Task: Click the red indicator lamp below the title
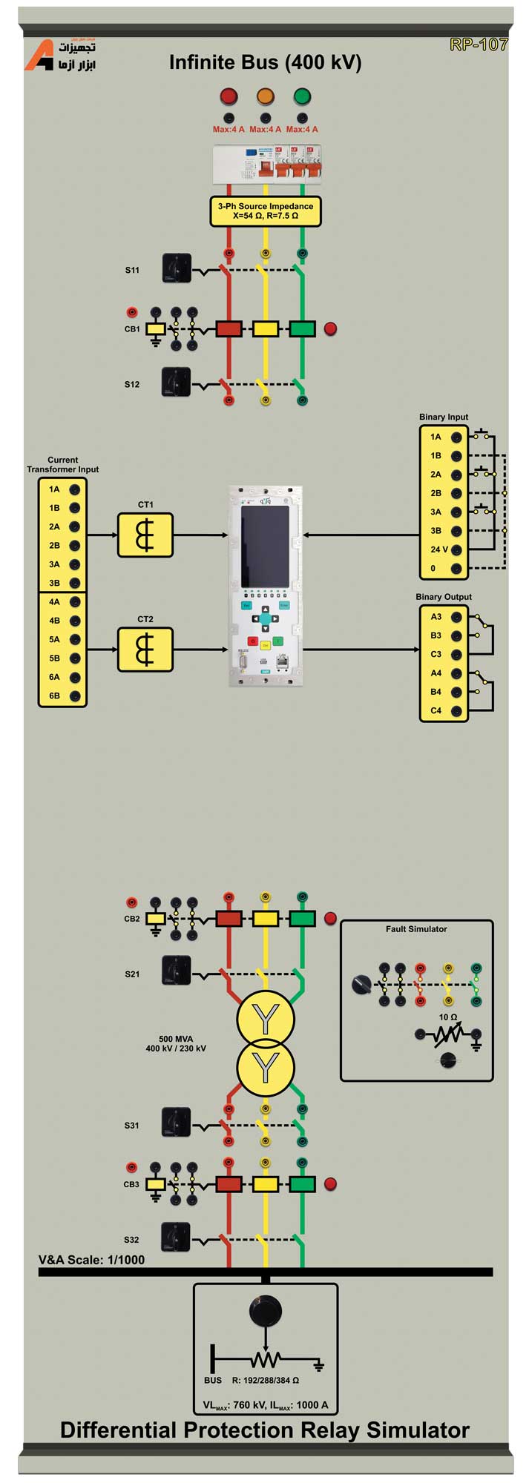click(x=229, y=96)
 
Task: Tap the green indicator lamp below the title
click(x=302, y=96)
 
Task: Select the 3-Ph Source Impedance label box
click(x=266, y=211)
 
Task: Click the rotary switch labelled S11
click(x=177, y=268)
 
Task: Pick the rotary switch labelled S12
click(x=177, y=382)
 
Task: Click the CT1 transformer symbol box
click(x=145, y=535)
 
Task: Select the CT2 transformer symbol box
click(x=145, y=650)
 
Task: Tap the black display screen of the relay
click(x=265, y=545)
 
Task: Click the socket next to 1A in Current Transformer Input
click(x=75, y=489)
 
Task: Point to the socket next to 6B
click(x=75, y=696)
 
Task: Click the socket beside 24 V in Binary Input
click(x=456, y=550)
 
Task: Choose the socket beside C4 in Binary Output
click(x=456, y=711)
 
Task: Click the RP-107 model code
click(x=479, y=44)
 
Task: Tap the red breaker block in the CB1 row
click(x=229, y=328)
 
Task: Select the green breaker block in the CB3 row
click(x=302, y=1184)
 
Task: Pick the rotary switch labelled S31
click(x=177, y=1123)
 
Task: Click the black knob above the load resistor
click(x=266, y=1311)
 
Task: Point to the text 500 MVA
click(x=176, y=1039)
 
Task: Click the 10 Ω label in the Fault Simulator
click(x=448, y=1017)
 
